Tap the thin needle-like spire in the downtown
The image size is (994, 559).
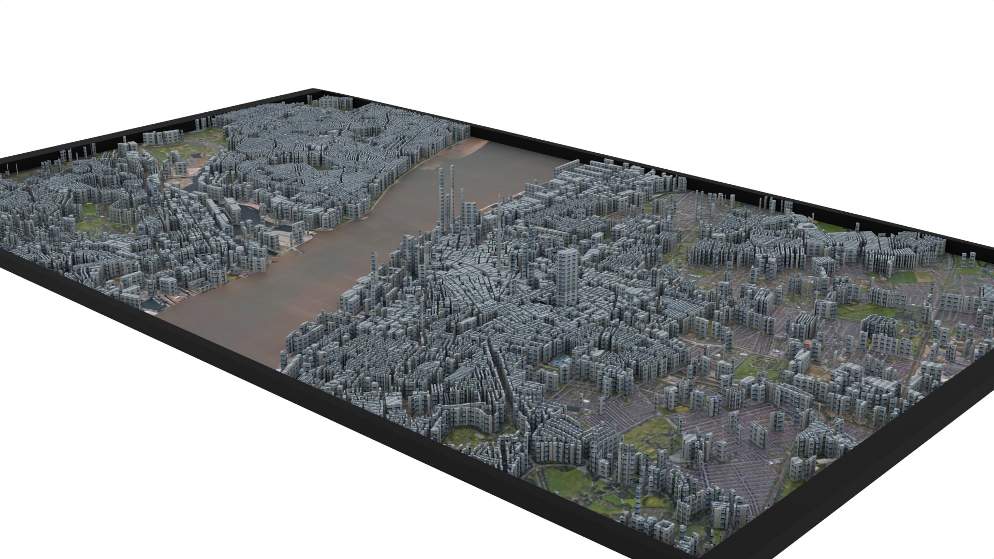[499, 228]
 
